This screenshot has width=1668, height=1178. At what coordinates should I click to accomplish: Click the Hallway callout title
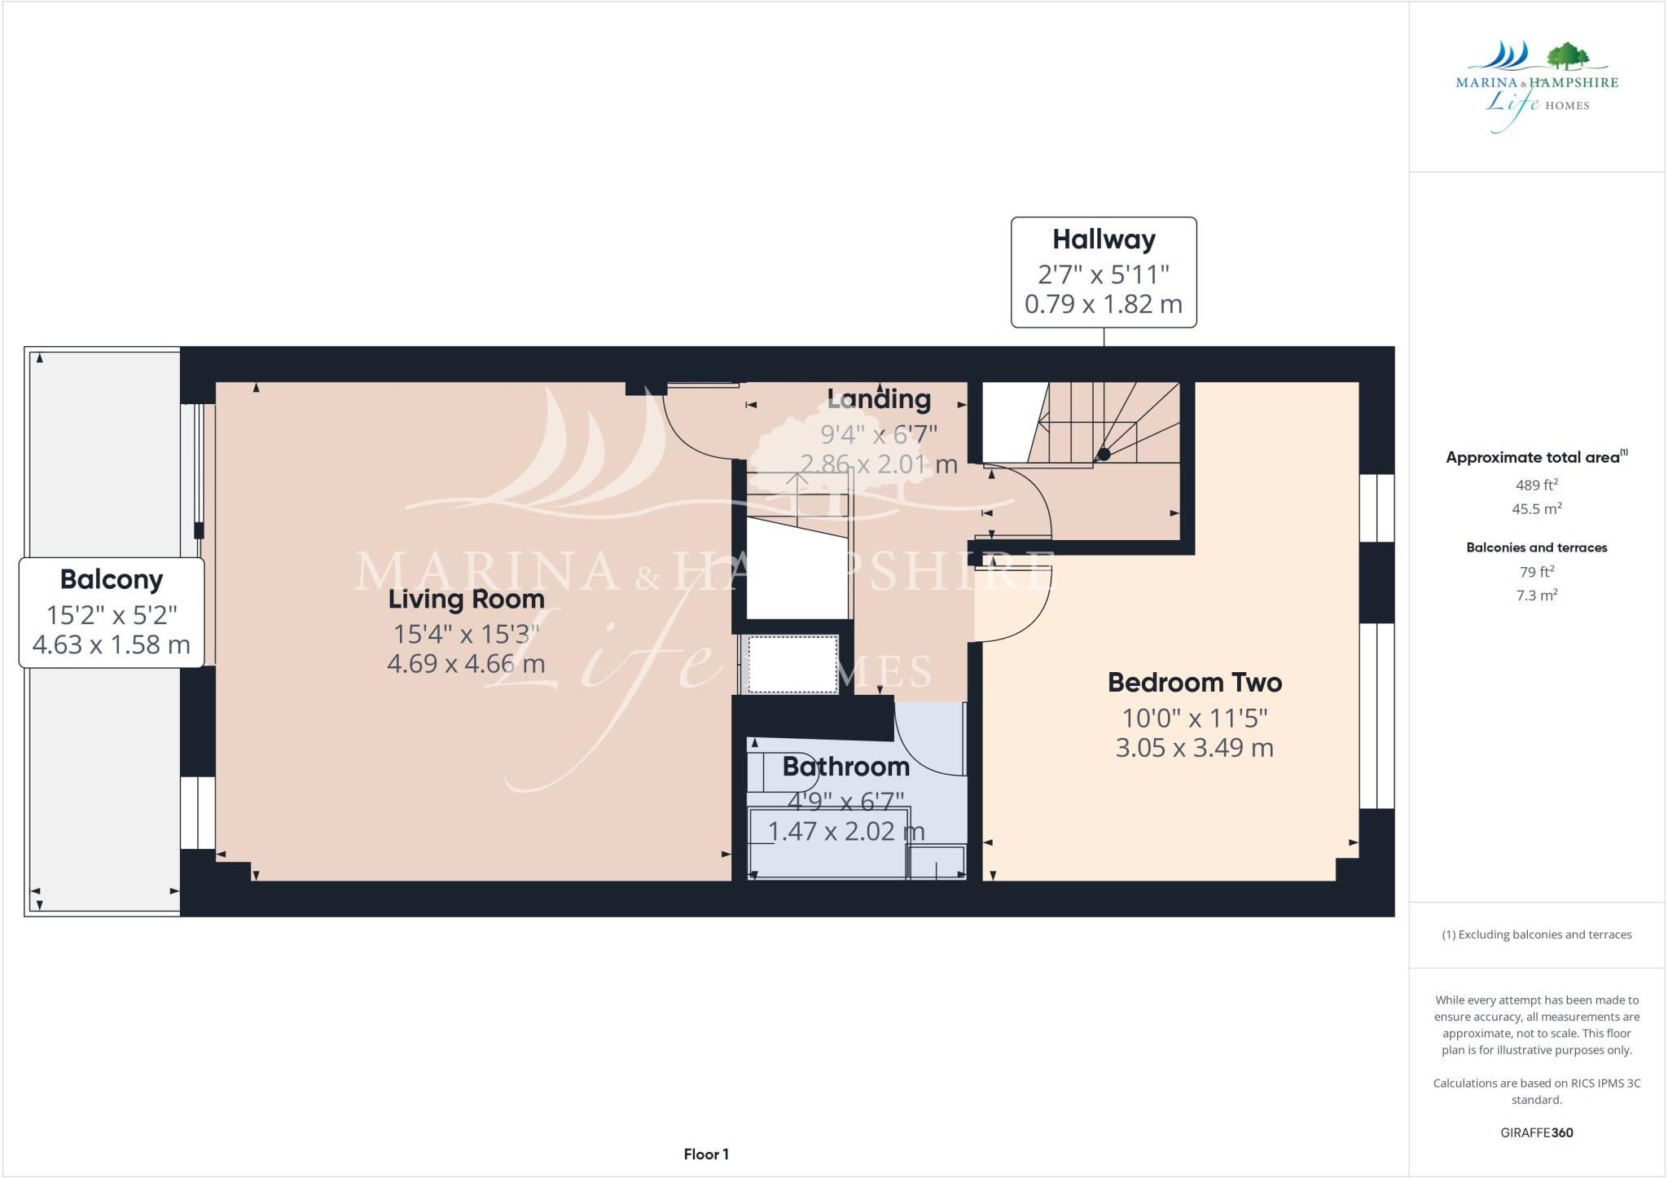tap(1104, 240)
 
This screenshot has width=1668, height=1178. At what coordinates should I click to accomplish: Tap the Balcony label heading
tap(112, 580)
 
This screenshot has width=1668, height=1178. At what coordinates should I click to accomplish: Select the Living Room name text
tap(466, 600)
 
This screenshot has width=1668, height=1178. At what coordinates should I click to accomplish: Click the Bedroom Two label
tap(1194, 683)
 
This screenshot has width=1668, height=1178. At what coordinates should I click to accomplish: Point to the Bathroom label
tap(845, 767)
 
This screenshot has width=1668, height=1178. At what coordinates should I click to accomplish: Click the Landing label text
tap(879, 399)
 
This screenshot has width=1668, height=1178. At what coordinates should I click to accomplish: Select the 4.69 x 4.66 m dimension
tap(466, 664)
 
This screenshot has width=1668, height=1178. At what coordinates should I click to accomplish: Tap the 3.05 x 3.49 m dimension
tap(1194, 748)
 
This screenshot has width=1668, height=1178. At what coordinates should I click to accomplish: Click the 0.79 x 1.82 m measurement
tap(1104, 305)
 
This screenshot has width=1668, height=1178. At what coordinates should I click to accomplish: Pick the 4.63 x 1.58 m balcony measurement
tap(112, 645)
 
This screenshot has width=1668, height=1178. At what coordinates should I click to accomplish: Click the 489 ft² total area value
tap(1536, 485)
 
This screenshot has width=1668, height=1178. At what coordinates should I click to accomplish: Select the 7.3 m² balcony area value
tap(1536, 596)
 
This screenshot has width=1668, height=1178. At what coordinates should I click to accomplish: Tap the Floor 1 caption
tap(706, 1154)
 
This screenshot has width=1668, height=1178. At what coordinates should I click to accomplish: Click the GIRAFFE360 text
tap(1536, 1132)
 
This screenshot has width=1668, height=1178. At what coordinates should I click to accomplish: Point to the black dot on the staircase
tap(1104, 455)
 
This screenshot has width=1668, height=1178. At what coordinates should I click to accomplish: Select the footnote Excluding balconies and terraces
tap(1536, 934)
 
